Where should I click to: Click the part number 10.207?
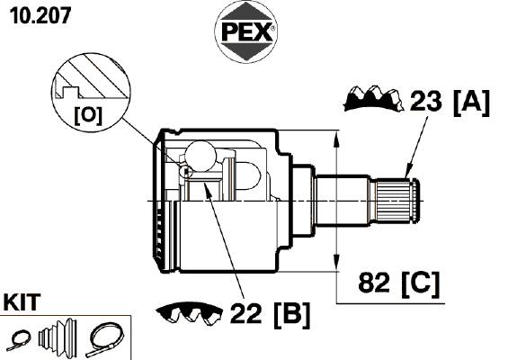(40, 15)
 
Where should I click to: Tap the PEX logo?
(245, 31)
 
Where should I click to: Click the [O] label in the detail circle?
(88, 115)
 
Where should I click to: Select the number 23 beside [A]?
(425, 101)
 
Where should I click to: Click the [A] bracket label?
(471, 103)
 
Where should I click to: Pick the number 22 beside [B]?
(245, 313)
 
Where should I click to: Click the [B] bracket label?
(291, 315)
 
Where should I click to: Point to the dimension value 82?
(373, 282)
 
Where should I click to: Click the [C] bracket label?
(420, 283)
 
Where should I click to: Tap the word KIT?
(22, 302)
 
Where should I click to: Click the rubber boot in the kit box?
(58, 337)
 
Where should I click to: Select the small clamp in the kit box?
(19, 340)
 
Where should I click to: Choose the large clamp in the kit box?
(104, 339)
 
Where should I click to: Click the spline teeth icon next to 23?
(373, 98)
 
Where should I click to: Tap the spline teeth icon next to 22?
(190, 314)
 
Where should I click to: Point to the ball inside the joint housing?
(201, 157)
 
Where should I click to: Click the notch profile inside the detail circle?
(69, 92)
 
